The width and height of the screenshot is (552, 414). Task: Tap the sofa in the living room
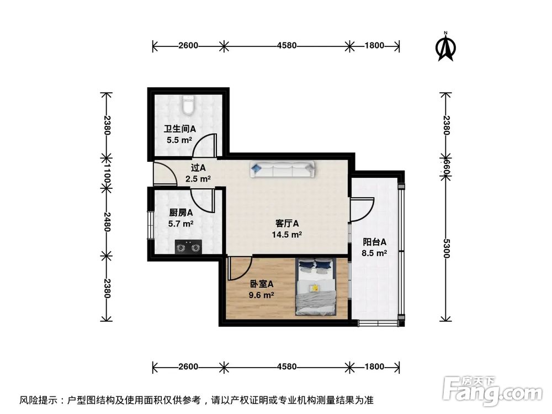[282, 169]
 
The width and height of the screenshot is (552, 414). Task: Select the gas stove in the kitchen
[188, 247]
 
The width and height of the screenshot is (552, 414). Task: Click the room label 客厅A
[287, 224]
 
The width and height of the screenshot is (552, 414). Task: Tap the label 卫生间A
[179, 129]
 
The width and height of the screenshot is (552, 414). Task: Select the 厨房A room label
[181, 213]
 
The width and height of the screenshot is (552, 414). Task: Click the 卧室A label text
[262, 284]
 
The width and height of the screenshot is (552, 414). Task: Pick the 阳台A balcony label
[374, 242]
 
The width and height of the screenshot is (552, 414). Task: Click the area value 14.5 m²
[287, 235]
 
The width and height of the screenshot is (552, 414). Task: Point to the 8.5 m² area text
[374, 253]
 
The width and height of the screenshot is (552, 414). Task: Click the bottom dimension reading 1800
[374, 367]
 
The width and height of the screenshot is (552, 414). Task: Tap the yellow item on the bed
[315, 288]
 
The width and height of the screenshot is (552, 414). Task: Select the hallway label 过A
[198, 167]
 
